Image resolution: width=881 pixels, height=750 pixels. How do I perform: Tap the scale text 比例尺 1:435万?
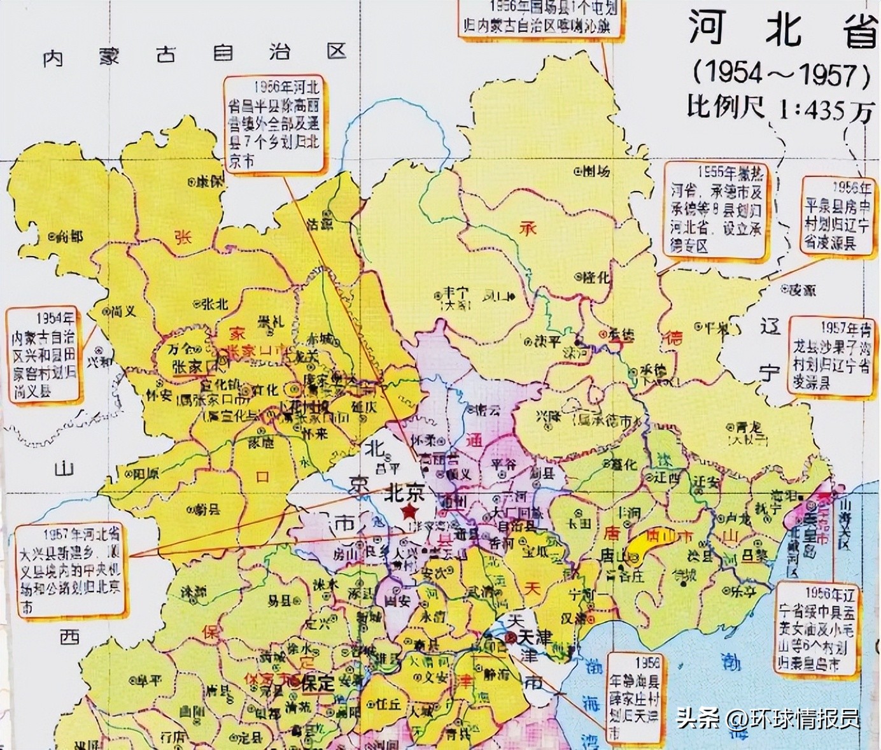pos(780,109)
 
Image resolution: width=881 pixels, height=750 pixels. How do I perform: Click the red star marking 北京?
pos(409,511)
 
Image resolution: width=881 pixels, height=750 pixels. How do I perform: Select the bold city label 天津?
pos(533,637)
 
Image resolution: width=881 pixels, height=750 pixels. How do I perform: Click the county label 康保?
pos(209,181)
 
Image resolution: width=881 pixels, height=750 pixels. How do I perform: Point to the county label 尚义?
pos(122,312)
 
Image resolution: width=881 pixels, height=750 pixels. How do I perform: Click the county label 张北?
pos(214,304)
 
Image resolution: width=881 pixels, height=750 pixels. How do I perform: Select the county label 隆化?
pos(596,277)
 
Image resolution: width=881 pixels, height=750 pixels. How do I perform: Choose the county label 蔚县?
pos(208,509)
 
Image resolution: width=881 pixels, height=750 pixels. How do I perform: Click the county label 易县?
pos(279,600)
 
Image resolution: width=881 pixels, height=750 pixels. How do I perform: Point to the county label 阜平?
pos(148,681)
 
